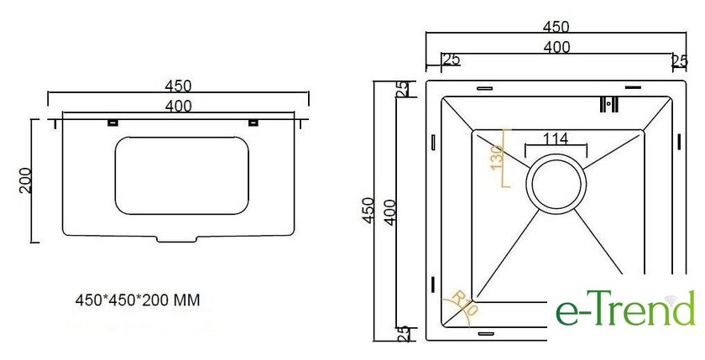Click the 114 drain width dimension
pos(556,138)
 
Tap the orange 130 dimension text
pos(496,158)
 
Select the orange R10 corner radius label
pos(465,304)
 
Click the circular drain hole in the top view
pos(556,184)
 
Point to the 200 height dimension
pos(25,180)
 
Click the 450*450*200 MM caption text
pos(138,300)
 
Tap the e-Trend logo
pos(625,308)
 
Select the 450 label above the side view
pos(178,86)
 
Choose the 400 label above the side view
pos(179,106)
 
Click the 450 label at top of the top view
pos(556,27)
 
